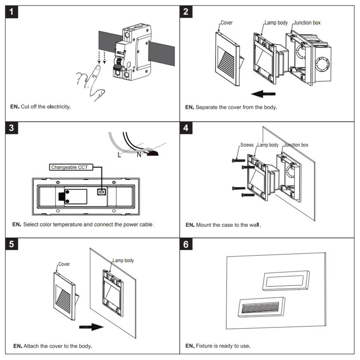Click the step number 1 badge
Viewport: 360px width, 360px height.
point(13,12)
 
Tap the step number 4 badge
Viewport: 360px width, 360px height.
point(186,128)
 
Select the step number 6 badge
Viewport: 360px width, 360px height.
point(186,244)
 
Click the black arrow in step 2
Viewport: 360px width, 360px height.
point(263,94)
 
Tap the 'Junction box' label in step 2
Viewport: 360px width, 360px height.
point(307,23)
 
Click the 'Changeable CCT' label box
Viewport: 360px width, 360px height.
point(70,167)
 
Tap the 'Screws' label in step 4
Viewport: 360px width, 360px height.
point(247,145)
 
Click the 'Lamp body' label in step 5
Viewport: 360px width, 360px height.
point(123,260)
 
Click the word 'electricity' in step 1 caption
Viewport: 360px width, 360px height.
point(58,107)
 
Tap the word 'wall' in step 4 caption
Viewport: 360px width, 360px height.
point(254,225)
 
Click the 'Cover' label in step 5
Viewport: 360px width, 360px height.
point(64,264)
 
